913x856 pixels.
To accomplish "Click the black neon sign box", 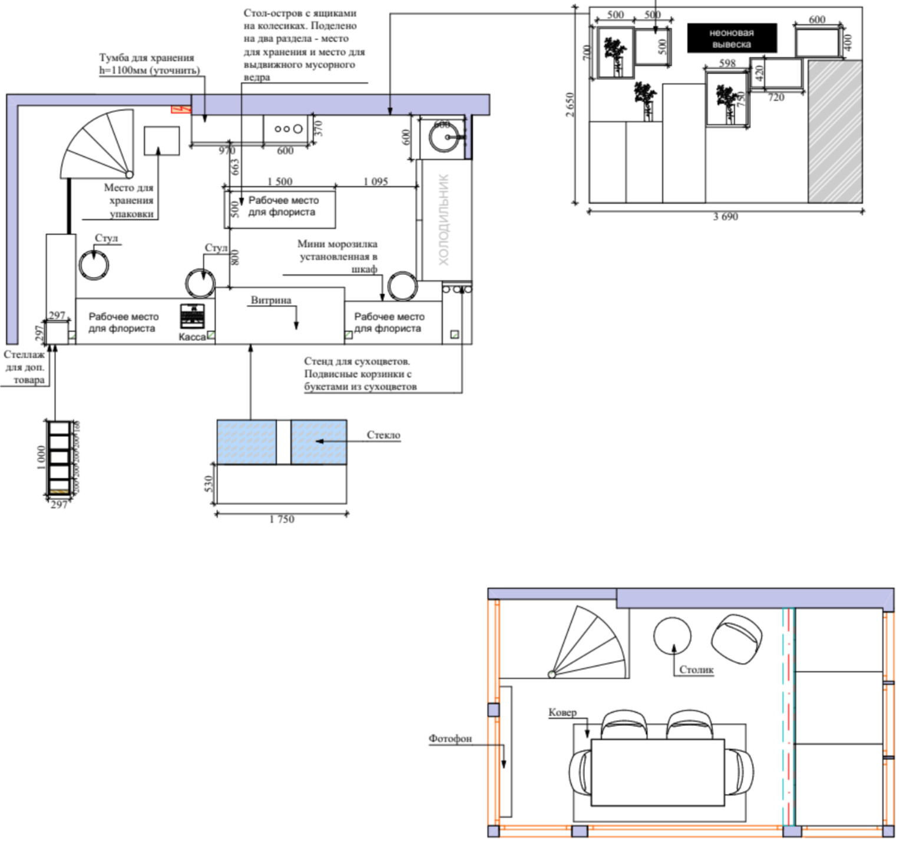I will click(x=732, y=38).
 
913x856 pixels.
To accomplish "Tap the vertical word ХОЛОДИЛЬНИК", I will click(x=444, y=219).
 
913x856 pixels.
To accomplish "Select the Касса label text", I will click(x=192, y=337).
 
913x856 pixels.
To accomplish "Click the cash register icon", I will click(x=192, y=316).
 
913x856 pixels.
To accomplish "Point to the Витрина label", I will click(x=271, y=300).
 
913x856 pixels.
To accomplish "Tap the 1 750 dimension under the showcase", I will click(x=282, y=519).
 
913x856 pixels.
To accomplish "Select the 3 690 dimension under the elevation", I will click(x=725, y=217).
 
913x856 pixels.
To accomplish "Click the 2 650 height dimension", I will click(x=570, y=105).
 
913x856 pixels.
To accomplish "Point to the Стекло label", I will click(x=383, y=435).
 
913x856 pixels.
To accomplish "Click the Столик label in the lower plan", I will click(x=696, y=670).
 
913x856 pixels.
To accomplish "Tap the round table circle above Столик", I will click(x=672, y=635).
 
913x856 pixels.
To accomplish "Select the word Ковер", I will click(x=563, y=712).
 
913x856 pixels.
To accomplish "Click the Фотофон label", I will click(x=450, y=738).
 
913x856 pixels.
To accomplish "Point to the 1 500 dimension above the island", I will click(x=280, y=181).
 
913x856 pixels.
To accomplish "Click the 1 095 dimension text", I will click(x=376, y=181).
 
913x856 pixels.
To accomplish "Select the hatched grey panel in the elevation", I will click(x=835, y=131).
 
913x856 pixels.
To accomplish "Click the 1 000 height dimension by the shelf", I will click(x=41, y=457).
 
